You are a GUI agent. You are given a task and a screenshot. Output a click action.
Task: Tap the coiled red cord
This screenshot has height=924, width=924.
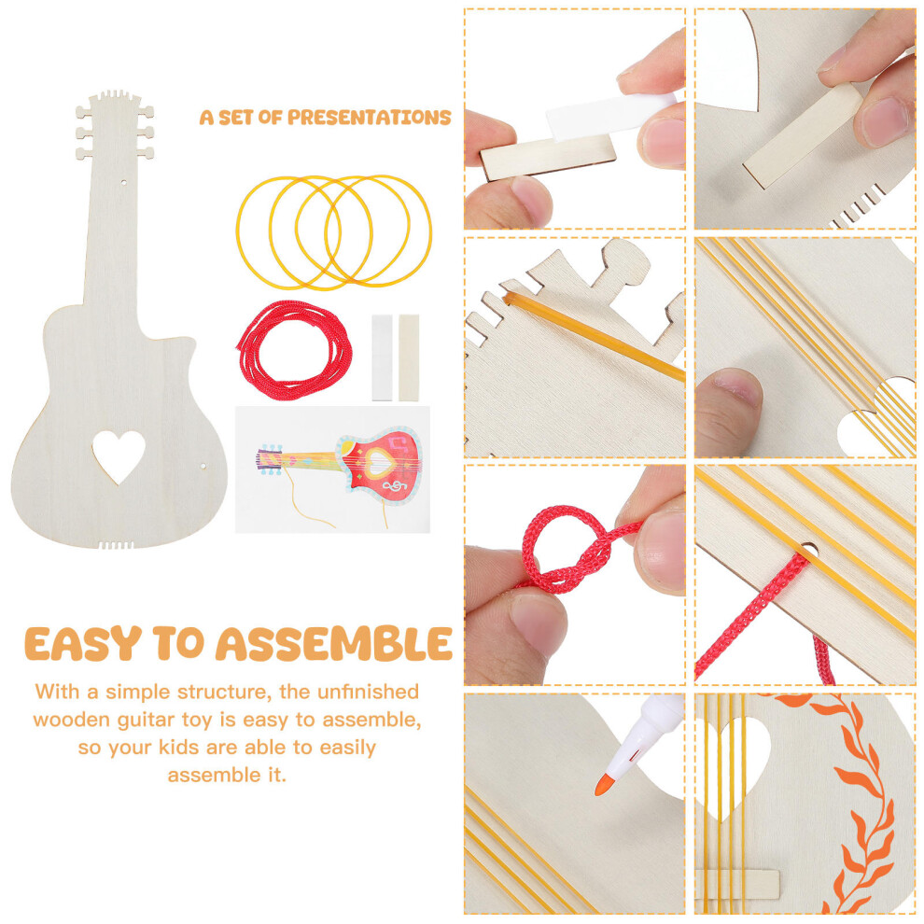[295, 350]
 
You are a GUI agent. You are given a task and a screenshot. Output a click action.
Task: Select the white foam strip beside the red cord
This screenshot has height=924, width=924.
[382, 357]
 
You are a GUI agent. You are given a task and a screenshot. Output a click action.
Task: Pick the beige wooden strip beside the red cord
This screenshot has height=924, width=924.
[409, 357]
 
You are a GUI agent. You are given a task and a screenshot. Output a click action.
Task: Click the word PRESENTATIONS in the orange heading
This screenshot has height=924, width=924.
[369, 118]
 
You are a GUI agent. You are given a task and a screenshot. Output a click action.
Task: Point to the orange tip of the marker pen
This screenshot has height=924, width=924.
[604, 785]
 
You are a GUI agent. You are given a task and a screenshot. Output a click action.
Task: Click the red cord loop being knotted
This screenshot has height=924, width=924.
[560, 548]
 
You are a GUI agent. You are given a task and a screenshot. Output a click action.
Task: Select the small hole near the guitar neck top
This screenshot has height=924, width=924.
[124, 183]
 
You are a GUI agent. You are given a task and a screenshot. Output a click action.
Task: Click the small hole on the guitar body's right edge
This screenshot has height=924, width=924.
[203, 466]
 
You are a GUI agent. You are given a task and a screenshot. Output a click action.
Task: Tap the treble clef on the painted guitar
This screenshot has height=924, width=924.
[394, 485]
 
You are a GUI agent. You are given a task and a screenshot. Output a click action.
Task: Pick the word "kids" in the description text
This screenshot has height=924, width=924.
[178, 748]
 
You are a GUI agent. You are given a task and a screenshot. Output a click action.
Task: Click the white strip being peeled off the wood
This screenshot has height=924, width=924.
[609, 115]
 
